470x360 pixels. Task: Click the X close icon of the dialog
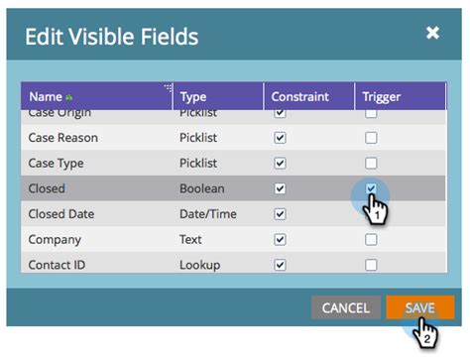[432, 33]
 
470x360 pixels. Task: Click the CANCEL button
[345, 308]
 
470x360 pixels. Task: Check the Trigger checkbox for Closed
[371, 188]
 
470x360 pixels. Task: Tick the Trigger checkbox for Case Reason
[371, 138]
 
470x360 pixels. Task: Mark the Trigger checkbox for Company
[371, 239]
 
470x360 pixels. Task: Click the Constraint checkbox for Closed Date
[280, 213]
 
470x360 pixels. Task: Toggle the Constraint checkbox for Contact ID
[280, 265]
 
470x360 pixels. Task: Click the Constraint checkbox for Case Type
[280, 163]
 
